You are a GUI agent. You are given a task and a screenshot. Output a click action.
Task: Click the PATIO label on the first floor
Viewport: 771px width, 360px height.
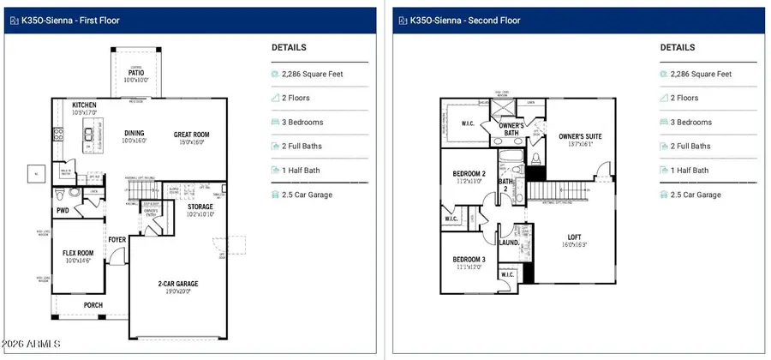click(136, 74)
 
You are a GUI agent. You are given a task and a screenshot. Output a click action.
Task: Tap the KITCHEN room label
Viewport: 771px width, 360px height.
click(84, 105)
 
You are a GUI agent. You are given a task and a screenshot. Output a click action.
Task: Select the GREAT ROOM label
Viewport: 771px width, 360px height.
click(191, 135)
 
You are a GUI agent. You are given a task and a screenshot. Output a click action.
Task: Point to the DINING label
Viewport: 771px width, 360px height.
click(134, 134)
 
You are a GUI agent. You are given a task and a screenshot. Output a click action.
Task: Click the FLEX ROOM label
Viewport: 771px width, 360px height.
click(77, 253)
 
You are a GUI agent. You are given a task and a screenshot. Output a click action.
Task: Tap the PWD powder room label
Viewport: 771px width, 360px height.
click(63, 209)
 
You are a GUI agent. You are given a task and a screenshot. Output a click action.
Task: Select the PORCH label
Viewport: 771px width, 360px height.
click(93, 304)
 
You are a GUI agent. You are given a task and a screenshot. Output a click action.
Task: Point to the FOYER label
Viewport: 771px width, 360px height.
click(117, 240)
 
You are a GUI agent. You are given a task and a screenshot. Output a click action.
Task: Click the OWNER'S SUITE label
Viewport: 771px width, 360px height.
click(582, 136)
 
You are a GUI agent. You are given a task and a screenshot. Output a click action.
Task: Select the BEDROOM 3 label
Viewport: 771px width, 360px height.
click(469, 260)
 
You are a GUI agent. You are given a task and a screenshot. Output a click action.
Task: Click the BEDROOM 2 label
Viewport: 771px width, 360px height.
click(469, 174)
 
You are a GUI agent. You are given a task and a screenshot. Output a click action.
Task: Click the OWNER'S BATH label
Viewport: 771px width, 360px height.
click(511, 129)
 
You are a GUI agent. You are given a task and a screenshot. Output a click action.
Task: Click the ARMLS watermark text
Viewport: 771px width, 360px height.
click(32, 345)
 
